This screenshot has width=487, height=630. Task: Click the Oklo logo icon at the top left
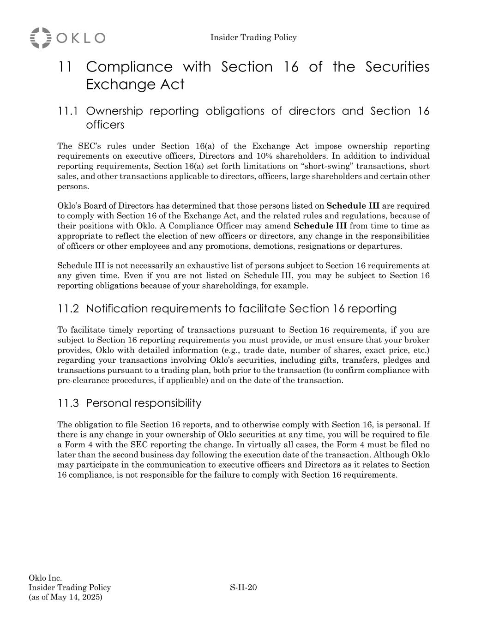click(x=41, y=38)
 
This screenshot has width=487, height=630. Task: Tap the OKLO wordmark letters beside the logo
click(x=81, y=38)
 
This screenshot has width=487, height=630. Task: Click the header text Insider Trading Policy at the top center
click(x=253, y=37)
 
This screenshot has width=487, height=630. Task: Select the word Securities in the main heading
click(x=397, y=67)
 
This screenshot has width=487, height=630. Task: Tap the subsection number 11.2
click(x=68, y=308)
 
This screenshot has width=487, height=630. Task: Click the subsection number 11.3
click(x=68, y=403)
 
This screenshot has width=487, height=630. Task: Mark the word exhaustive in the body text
click(x=216, y=265)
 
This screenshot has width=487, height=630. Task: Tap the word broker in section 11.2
click(x=417, y=340)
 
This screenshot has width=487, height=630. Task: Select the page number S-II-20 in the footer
click(x=243, y=588)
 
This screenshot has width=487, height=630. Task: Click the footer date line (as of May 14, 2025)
click(x=66, y=597)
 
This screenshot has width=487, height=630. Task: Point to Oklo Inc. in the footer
click(x=45, y=578)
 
